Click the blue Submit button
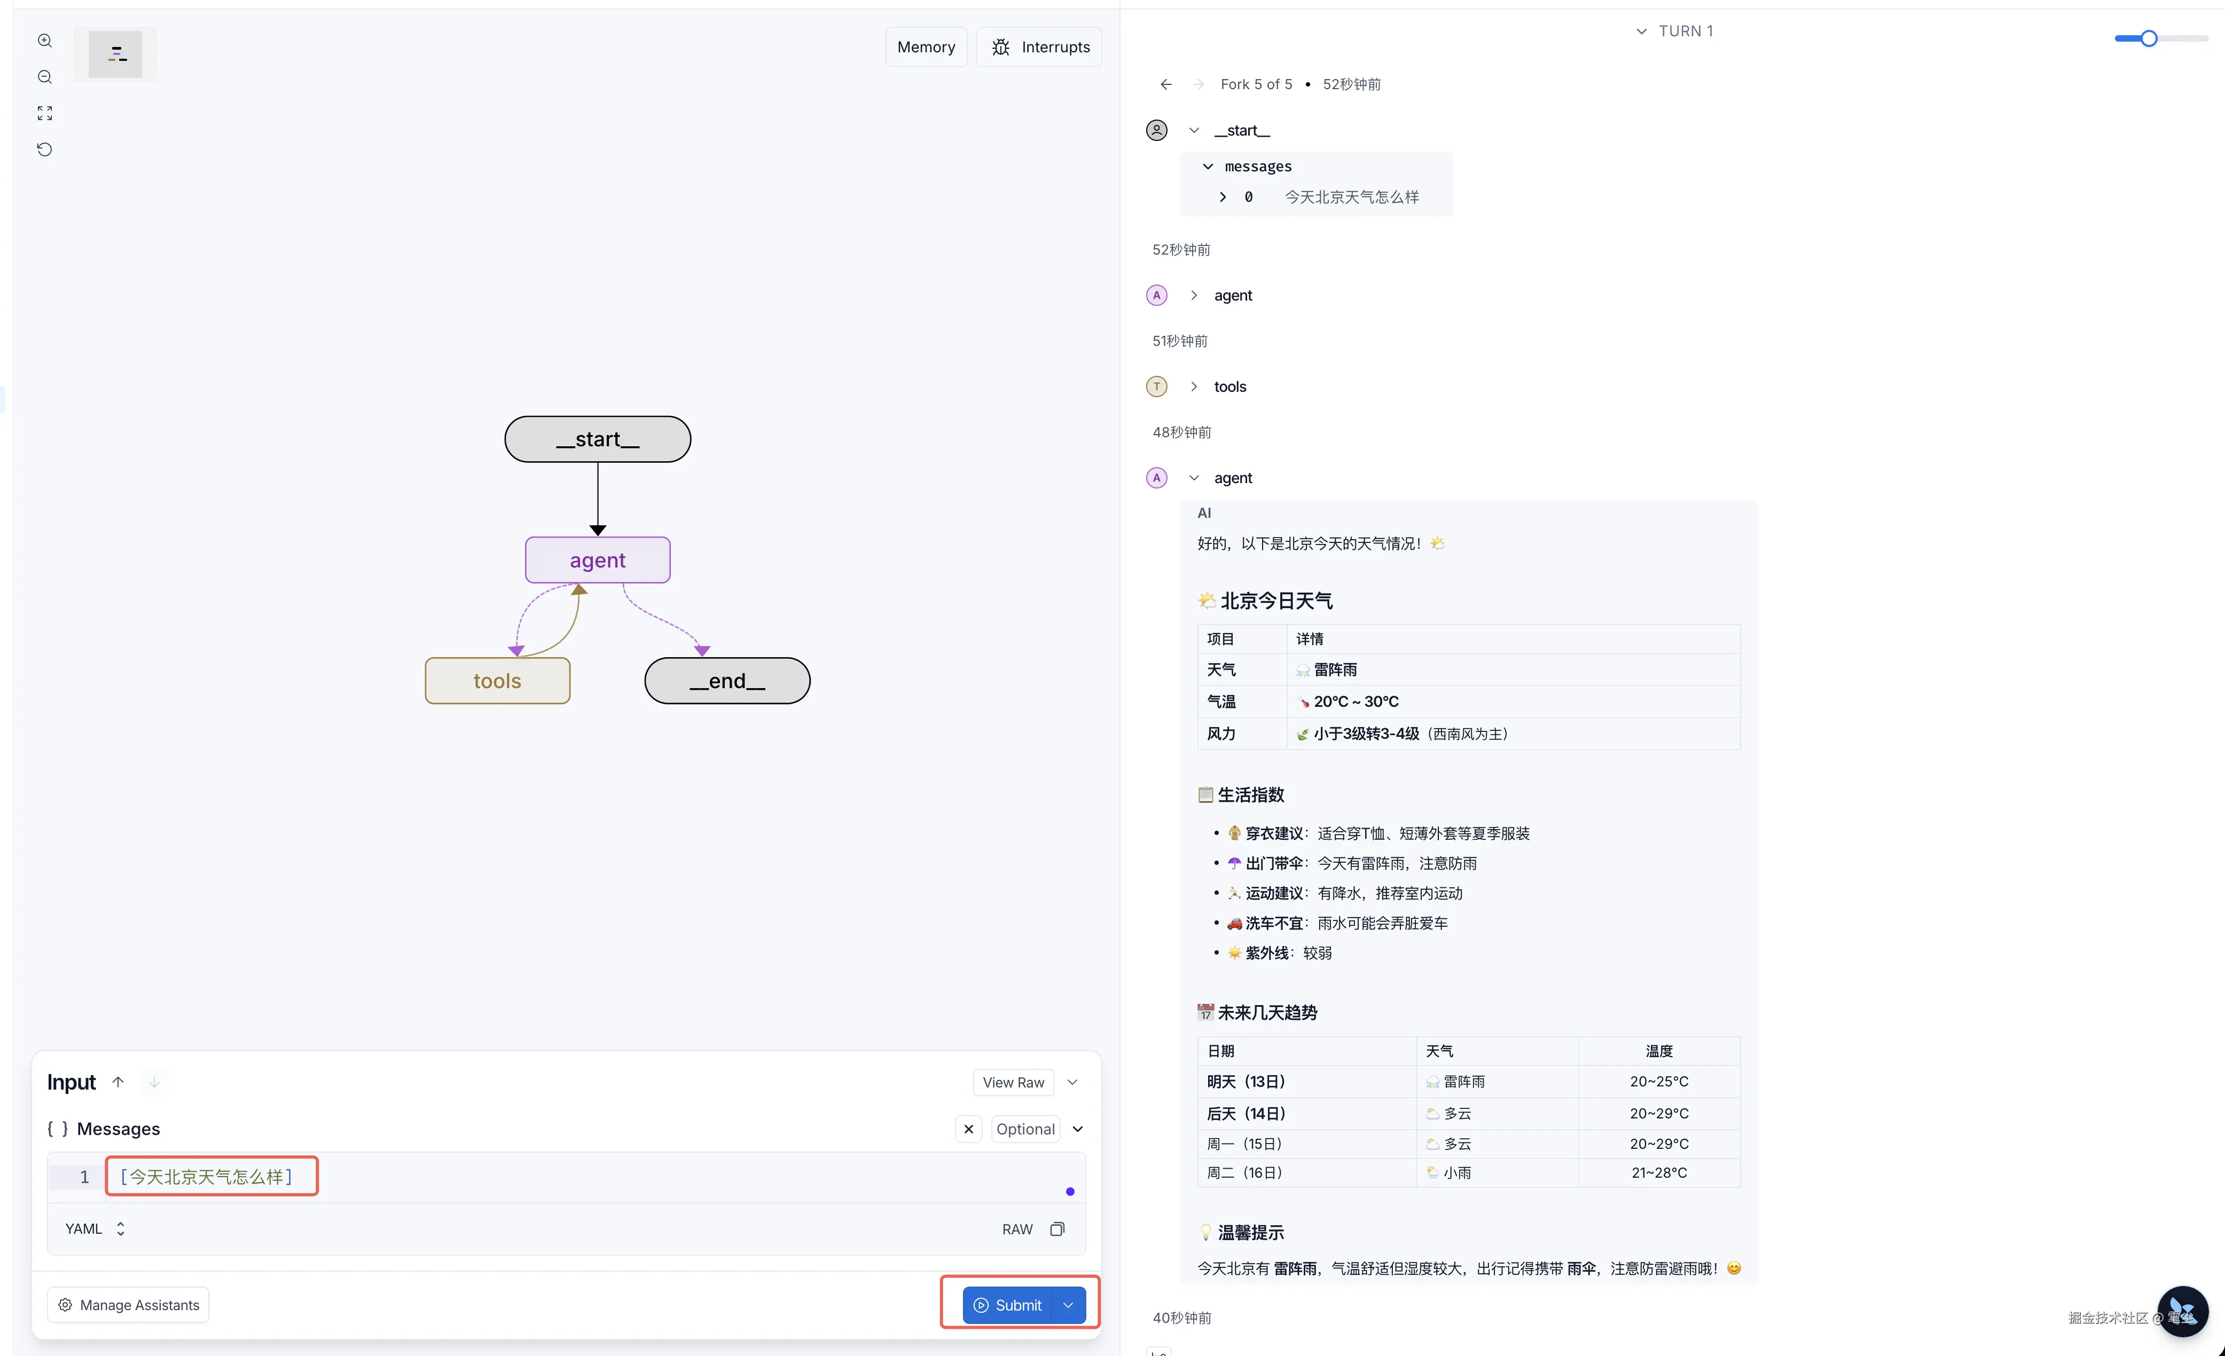click(x=1008, y=1305)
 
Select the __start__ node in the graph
click(x=598, y=440)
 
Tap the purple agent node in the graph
click(x=598, y=559)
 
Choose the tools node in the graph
click(x=498, y=681)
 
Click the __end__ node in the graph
click(x=727, y=681)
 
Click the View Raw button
click(x=1013, y=1083)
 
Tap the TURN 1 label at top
click(x=1685, y=30)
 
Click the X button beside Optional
click(x=968, y=1129)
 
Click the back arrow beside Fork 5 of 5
click(x=1166, y=84)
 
